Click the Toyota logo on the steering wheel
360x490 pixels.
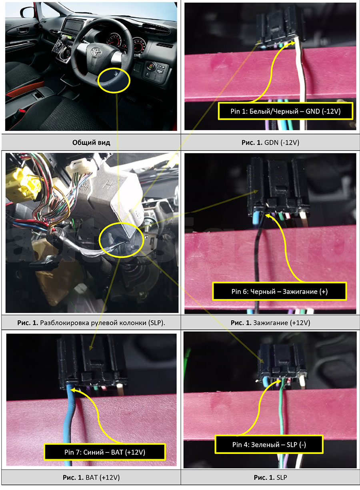[x=95, y=51]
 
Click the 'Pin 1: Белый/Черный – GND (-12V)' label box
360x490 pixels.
[x=286, y=111]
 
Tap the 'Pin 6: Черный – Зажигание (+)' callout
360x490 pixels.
[x=279, y=291]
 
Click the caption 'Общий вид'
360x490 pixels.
[x=91, y=143]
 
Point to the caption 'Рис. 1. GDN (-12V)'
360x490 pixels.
[x=270, y=143]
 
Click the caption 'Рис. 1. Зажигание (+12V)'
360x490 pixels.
[x=270, y=323]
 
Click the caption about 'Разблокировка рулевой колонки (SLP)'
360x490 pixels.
[x=91, y=323]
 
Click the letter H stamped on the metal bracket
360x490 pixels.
[x=108, y=185]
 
